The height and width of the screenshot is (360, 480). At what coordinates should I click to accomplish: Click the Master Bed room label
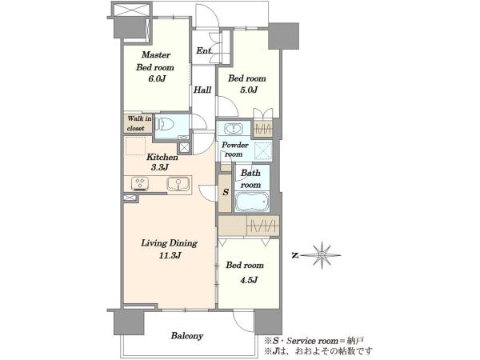pos(155,61)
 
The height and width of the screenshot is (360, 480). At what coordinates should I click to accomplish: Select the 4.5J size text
pos(249,280)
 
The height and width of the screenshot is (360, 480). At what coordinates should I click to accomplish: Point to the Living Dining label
pos(169,243)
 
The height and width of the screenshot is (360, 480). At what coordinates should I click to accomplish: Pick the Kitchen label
pos(162,158)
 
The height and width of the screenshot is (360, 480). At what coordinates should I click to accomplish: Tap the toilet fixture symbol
pos(165,125)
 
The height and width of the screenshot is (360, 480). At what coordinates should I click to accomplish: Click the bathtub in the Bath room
pos(252,202)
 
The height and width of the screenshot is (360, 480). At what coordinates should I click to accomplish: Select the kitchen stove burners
pos(140,184)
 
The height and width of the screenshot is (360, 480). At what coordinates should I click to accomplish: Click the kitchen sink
pos(178,184)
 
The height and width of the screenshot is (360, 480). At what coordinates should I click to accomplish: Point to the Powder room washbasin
pos(234,129)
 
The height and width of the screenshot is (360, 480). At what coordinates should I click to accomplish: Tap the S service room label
pos(226,192)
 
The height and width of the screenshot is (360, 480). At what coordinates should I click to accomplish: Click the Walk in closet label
pos(139,123)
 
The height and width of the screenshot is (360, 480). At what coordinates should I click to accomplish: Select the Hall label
pos(202,90)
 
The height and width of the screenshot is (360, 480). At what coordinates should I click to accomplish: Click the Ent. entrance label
pos(204,51)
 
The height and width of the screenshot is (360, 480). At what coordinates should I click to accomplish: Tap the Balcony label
pos(187,336)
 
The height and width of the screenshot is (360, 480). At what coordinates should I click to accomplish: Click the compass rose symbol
pos(322,255)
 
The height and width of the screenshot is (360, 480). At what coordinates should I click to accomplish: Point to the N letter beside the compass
pos(295,255)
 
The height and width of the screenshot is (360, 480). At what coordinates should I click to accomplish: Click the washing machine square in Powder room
pos(263,151)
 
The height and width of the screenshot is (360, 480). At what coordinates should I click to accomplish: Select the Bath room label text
pos(250,179)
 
